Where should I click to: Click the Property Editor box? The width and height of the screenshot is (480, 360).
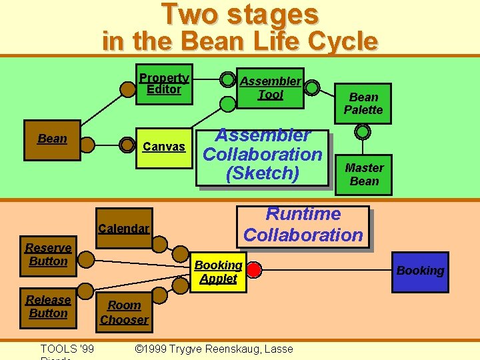click(163, 83)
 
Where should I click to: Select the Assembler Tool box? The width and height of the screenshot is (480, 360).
click(270, 88)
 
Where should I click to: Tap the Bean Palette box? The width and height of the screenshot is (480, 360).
click(363, 103)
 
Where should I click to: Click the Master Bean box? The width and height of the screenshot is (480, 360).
click(364, 175)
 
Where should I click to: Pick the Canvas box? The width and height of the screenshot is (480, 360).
click(164, 146)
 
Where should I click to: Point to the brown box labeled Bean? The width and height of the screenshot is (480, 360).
click(52, 139)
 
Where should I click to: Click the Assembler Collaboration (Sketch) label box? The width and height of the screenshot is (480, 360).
click(263, 155)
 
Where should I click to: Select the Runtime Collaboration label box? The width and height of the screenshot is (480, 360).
click(303, 225)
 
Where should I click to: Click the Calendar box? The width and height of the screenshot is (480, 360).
click(123, 229)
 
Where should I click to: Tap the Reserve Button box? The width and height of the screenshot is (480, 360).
click(48, 255)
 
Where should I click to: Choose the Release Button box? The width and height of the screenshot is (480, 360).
click(48, 307)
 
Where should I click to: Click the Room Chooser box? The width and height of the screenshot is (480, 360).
click(124, 312)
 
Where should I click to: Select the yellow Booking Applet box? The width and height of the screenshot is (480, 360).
click(218, 272)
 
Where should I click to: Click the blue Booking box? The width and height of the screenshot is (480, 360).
click(420, 271)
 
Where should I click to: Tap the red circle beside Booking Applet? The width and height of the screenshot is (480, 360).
click(254, 270)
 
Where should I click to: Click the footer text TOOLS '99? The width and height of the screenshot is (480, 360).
click(67, 349)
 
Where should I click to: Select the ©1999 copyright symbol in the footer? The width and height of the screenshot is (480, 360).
click(139, 349)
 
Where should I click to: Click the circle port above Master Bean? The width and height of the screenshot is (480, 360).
click(362, 132)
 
